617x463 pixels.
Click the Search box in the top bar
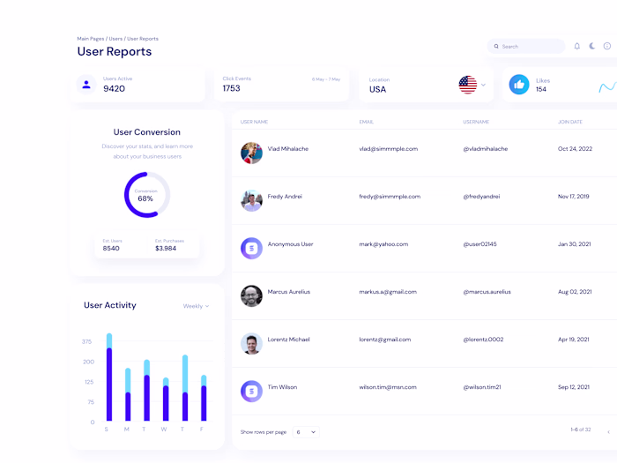tap(527, 46)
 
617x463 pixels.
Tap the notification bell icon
tap(577, 46)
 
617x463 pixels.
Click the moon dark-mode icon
tap(592, 46)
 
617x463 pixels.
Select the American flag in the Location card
tap(468, 85)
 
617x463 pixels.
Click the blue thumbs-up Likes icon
tap(519, 85)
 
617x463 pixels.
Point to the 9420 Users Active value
tap(114, 89)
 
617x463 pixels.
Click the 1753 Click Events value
tap(232, 89)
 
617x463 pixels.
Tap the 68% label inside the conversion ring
tap(145, 199)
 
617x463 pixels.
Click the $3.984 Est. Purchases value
tap(166, 249)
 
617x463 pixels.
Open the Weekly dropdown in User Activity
tap(196, 306)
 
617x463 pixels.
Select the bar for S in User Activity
tap(109, 379)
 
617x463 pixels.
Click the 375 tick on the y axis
tap(86, 341)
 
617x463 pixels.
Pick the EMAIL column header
tap(367, 122)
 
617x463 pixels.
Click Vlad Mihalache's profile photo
tap(251, 153)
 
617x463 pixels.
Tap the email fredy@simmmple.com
tap(390, 197)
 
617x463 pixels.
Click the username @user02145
tap(479, 244)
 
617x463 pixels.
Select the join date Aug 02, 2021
tap(575, 292)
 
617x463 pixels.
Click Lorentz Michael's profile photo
tap(251, 343)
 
